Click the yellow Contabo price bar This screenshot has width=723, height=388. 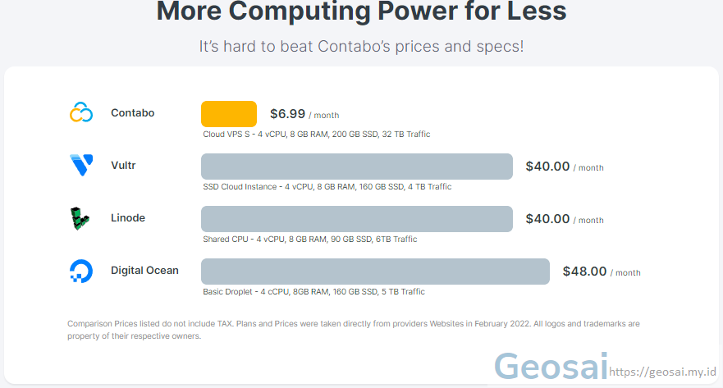coord(229,114)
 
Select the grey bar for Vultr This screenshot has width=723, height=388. coord(357,167)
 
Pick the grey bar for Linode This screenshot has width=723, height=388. coord(357,219)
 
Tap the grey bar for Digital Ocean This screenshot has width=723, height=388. coord(375,272)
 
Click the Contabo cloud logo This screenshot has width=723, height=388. coord(81,113)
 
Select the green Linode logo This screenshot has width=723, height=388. coord(80,218)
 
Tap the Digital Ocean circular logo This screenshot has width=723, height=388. coord(81,272)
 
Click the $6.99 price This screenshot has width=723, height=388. coord(287,114)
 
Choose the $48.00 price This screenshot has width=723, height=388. coord(584,272)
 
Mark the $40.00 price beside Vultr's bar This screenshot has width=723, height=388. coord(547,167)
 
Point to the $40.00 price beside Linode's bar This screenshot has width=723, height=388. coord(547,219)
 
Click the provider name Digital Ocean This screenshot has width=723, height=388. coord(144,271)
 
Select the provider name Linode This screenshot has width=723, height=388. coord(128,218)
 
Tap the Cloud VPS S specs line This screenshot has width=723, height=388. coord(316,135)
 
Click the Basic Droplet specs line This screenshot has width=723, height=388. coord(313,292)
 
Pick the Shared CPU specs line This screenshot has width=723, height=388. coord(309,240)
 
